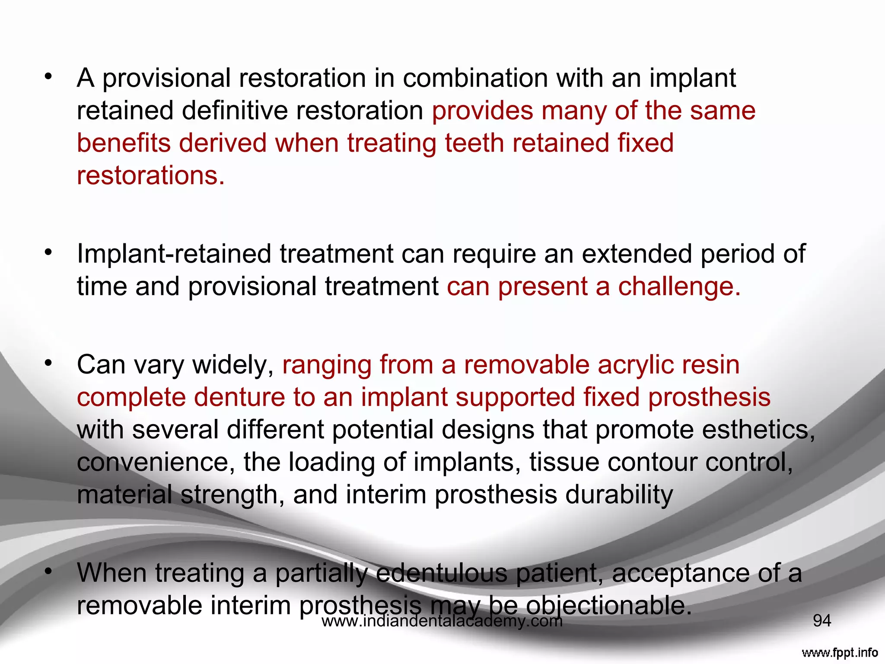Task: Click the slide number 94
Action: click(822, 621)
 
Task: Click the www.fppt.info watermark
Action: click(839, 652)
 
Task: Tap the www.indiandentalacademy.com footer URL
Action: click(442, 622)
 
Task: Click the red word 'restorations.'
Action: click(151, 176)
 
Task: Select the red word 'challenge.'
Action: click(679, 287)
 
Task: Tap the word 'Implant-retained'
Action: click(174, 254)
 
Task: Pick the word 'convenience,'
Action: click(156, 463)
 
